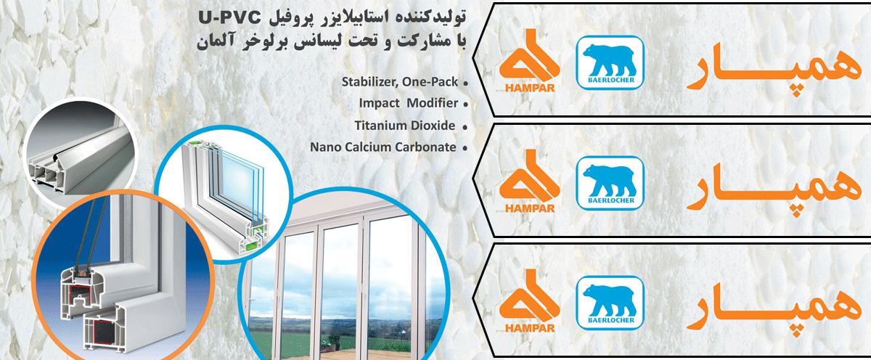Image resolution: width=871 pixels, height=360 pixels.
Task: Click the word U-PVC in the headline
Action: click(x=229, y=18)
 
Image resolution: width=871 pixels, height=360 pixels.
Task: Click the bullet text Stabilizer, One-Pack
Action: click(x=400, y=82)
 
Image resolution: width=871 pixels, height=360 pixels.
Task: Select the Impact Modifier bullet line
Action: click(x=408, y=103)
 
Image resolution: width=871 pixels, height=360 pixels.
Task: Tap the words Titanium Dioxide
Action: click(x=405, y=125)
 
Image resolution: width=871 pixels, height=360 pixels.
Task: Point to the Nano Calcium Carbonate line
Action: click(x=383, y=147)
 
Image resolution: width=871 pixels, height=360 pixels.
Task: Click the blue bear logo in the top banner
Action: click(x=610, y=62)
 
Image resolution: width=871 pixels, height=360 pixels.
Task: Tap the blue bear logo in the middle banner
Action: click(x=610, y=183)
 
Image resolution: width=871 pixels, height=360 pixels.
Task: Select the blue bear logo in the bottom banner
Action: click(x=610, y=303)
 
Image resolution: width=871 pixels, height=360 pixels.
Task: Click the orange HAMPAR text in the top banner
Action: click(x=530, y=88)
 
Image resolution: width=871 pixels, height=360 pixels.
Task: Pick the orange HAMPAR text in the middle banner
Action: click(x=530, y=208)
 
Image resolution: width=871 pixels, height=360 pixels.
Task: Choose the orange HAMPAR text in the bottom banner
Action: click(x=530, y=328)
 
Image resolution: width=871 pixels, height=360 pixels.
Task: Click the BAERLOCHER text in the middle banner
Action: click(x=611, y=200)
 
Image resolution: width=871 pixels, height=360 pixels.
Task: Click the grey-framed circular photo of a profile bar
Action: click(x=81, y=153)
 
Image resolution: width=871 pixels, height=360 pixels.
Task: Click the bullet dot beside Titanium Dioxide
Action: click(x=465, y=127)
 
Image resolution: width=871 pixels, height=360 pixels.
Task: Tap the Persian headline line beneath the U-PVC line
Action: click(x=331, y=41)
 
